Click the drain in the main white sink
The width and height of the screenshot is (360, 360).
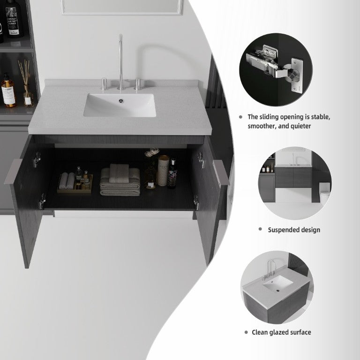click(x=121, y=101)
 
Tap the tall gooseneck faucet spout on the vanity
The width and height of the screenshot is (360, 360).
click(x=121, y=62)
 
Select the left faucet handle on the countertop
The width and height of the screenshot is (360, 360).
click(x=104, y=84)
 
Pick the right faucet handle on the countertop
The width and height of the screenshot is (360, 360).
click(x=137, y=84)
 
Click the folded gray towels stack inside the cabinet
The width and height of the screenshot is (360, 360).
click(x=120, y=180)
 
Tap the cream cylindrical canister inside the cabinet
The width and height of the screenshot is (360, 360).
click(x=163, y=170)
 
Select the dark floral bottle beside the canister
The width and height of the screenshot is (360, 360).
click(x=172, y=174)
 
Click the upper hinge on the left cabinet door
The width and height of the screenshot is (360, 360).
click(x=37, y=159)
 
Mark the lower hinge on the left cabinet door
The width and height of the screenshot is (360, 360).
click(x=42, y=202)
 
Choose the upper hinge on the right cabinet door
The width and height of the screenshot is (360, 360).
click(x=201, y=160)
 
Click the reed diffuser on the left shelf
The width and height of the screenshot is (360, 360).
click(x=27, y=84)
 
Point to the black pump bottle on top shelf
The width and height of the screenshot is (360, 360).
click(x=14, y=18)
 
